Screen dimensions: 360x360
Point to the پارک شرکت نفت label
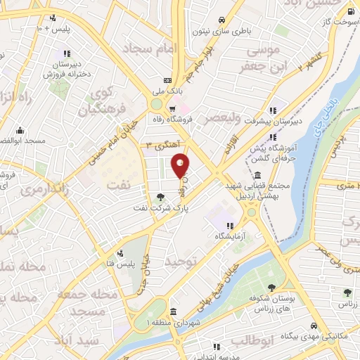coord(160,208)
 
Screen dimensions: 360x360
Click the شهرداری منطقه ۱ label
coord(169,321)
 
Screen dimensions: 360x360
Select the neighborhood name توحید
coord(179,261)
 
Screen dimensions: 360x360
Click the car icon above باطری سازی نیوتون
coord(222,20)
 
